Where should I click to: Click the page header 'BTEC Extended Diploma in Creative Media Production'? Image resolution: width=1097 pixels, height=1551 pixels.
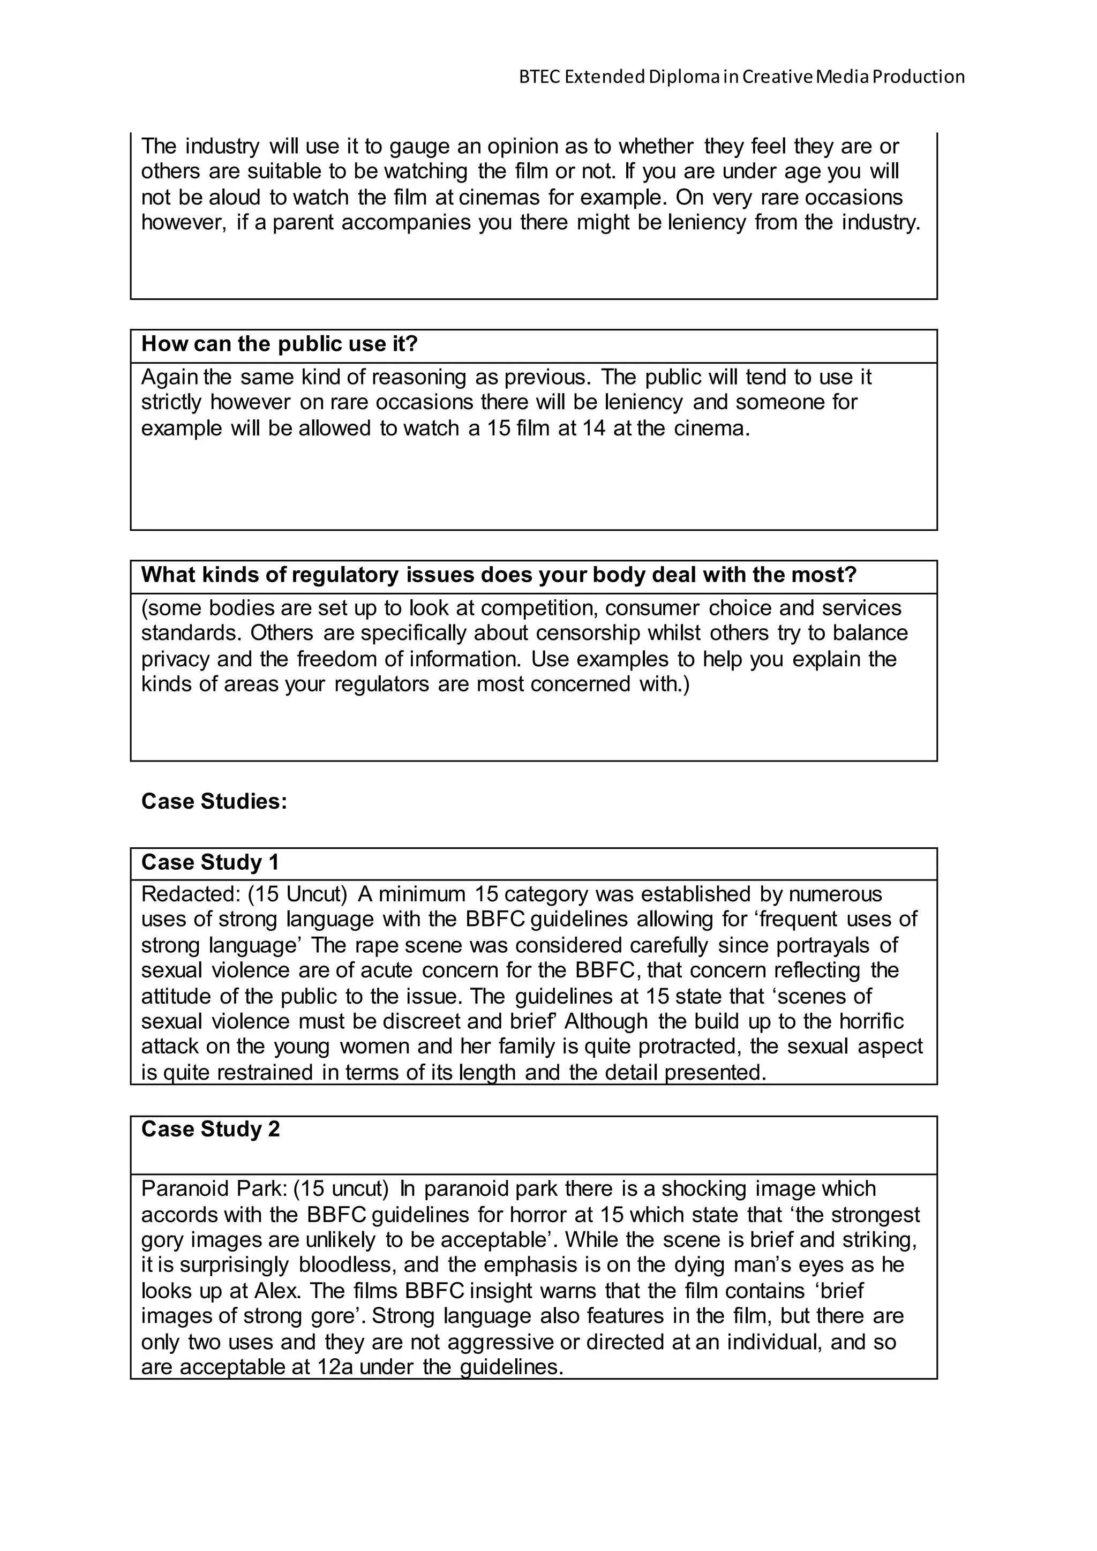pyautogui.click(x=741, y=77)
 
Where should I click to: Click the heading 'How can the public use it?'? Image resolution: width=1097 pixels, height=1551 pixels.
pyautogui.click(x=279, y=344)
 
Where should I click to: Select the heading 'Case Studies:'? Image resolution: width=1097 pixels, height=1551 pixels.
pyautogui.click(x=214, y=801)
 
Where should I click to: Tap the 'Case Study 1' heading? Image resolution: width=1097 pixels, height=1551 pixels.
pyautogui.click(x=209, y=863)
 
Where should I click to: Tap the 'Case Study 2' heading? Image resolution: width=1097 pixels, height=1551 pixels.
pyautogui.click(x=210, y=1129)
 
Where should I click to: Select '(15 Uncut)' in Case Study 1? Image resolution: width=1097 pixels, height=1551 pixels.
pyautogui.click(x=297, y=894)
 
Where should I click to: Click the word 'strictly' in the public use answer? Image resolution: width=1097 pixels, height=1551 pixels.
pyautogui.click(x=171, y=403)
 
